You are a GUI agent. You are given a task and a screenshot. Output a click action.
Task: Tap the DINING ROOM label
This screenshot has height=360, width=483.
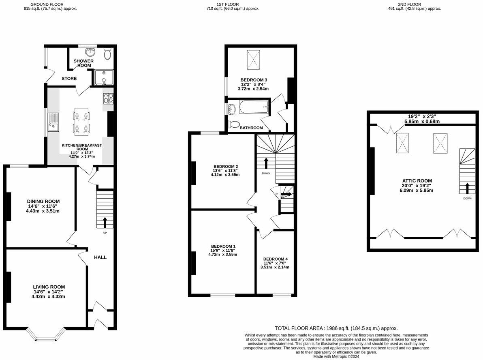tap(43, 201)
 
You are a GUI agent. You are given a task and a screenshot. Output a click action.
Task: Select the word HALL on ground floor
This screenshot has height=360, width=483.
tap(100, 257)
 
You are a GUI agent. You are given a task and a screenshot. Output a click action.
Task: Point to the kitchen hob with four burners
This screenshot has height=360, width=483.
tap(108, 98)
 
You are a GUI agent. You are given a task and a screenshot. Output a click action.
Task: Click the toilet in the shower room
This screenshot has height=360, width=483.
tap(108, 54)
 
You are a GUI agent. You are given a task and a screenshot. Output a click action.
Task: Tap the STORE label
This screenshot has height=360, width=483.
tap(69, 78)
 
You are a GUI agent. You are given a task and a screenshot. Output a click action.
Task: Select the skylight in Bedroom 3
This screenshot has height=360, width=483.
tap(254, 60)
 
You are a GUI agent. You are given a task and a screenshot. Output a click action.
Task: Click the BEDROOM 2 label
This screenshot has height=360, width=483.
tap(225, 166)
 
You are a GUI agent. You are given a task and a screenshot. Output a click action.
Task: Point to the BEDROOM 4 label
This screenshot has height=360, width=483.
tap(275, 259)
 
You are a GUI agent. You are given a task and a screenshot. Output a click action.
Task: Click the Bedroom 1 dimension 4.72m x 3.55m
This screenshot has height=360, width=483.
tap(222, 255)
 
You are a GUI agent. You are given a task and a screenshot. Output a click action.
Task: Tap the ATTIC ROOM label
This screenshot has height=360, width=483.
tap(417, 181)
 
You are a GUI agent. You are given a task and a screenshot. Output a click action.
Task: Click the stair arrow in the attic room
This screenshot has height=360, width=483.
tap(467, 189)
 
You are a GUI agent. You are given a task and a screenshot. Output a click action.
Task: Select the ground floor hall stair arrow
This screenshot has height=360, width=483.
tap(105, 222)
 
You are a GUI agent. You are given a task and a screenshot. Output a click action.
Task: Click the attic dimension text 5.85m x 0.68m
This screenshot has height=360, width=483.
tap(422, 121)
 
